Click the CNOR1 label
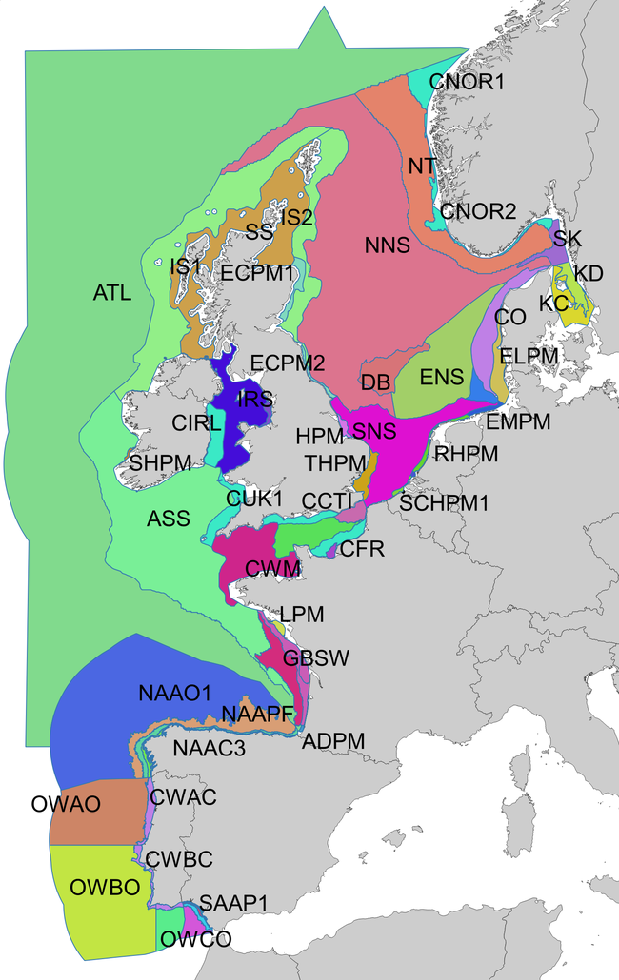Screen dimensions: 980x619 pyautogui.click(x=467, y=83)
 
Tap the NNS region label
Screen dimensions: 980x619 pyautogui.click(x=387, y=245)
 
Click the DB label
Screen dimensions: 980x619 pyautogui.click(x=376, y=382)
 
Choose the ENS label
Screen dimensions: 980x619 pyautogui.click(x=441, y=378)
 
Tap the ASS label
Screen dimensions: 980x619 pyautogui.click(x=168, y=519)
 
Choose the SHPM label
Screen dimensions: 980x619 pyautogui.click(x=161, y=462)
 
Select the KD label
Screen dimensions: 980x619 pyautogui.click(x=589, y=273)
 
